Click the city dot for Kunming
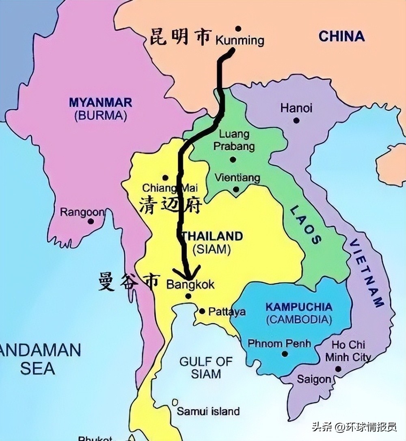[x=238, y=28]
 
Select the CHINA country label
[x=341, y=37]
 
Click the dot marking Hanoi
[x=296, y=120]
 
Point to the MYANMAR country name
[x=100, y=102]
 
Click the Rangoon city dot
[x=91, y=221]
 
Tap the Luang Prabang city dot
[x=233, y=159]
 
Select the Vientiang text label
[x=237, y=178]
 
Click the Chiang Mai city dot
[x=165, y=178]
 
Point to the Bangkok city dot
[x=188, y=296]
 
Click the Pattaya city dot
[x=202, y=311]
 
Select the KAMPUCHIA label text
[x=299, y=307]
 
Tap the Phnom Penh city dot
[x=285, y=354]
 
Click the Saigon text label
[x=314, y=379]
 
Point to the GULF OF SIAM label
[x=206, y=367]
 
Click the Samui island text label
[x=208, y=411]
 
